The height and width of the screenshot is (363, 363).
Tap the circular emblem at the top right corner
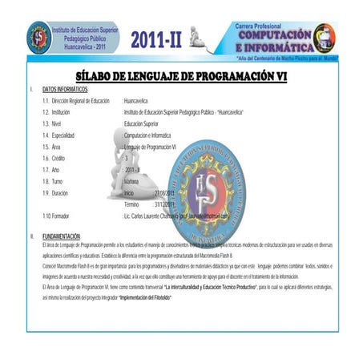[325, 37]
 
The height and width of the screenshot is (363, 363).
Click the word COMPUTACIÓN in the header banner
[272, 35]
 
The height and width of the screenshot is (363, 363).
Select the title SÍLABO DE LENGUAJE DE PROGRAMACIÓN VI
[181, 77]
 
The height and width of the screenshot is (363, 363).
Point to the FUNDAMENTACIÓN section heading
[61, 236]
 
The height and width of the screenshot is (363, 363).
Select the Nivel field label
[59, 124]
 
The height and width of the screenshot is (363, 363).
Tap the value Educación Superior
[143, 124]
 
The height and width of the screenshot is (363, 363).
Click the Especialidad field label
[66, 135]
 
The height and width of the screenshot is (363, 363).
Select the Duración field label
[63, 194]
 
